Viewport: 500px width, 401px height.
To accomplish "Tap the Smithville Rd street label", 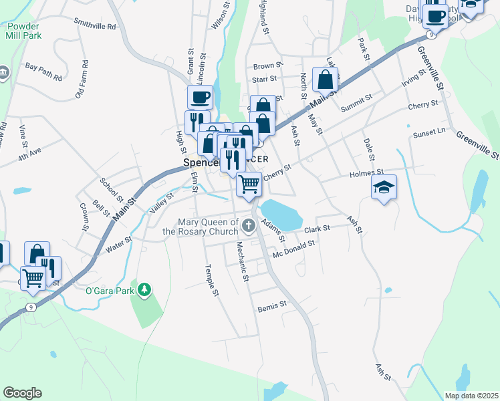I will point(95,24).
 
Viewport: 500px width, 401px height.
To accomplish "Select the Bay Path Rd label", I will point(43,67).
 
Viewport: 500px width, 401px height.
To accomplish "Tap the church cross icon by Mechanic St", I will point(249,225).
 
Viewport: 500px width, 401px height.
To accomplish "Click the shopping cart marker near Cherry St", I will point(249,183).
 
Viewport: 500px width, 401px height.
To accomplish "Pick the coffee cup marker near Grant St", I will point(200,98).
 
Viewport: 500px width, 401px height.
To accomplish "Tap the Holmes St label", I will point(364,174).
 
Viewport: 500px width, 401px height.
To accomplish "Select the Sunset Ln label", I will point(429,133).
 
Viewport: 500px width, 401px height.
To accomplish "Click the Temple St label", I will point(211,279).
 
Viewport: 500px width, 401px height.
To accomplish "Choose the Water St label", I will point(118,245).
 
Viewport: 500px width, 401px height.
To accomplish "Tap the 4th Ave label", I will point(29,155).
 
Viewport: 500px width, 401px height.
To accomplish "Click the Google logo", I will point(22,393).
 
